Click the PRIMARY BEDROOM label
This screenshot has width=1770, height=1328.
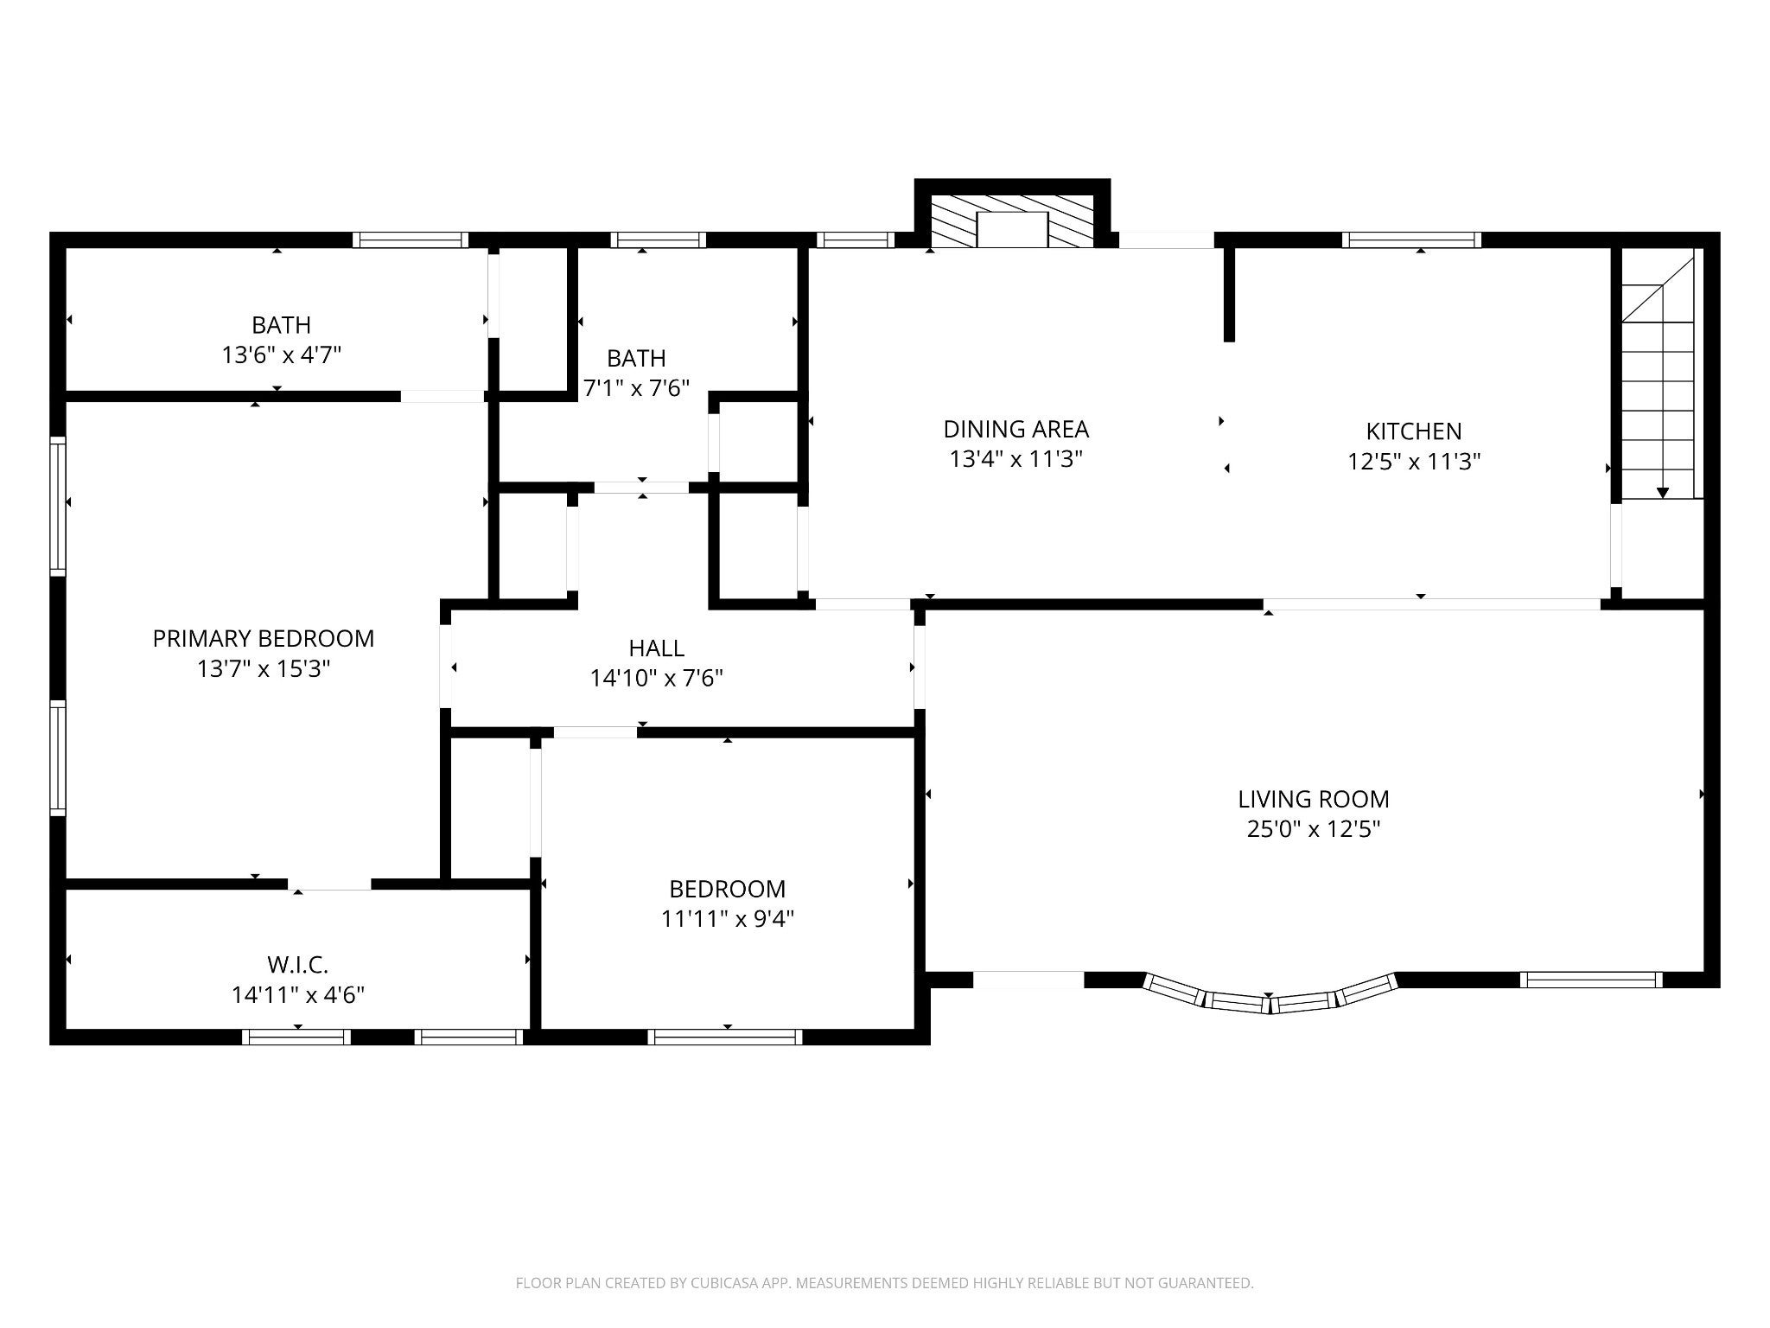(x=264, y=639)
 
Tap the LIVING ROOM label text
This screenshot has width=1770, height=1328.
(x=1314, y=799)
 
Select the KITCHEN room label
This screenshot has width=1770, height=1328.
(x=1414, y=431)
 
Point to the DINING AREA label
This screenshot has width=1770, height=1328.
(x=1016, y=429)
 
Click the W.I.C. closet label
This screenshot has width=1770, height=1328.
(x=298, y=964)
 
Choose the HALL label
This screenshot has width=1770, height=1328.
(x=657, y=648)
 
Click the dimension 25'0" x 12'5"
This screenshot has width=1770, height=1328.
(x=1314, y=829)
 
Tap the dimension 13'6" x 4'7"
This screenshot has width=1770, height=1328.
(x=282, y=355)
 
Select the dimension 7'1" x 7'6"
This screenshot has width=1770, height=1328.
(x=636, y=388)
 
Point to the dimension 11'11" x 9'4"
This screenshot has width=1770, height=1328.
(x=728, y=918)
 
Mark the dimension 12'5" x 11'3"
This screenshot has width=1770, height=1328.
(x=1414, y=462)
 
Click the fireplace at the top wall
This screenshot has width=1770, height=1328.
(x=1012, y=221)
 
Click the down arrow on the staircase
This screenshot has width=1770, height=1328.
(x=1663, y=493)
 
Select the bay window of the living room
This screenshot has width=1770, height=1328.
(x=1270, y=995)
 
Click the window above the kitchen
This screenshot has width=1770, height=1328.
(x=1411, y=240)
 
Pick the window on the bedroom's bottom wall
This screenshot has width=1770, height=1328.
(x=726, y=1037)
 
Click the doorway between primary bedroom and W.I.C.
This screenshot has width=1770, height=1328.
(x=329, y=884)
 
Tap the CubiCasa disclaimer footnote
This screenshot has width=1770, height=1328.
(x=884, y=1283)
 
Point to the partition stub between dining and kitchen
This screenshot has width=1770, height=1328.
(x=1229, y=294)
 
